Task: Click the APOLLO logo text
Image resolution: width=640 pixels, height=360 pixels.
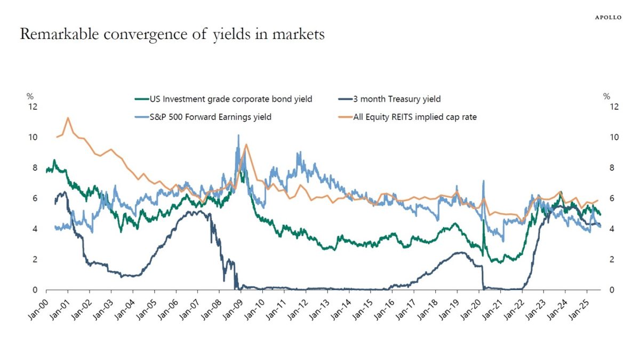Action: pyautogui.click(x=608, y=18)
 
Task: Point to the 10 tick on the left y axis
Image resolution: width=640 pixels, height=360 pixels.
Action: pyautogui.click(x=33, y=138)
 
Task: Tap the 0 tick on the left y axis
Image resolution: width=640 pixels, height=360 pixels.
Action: pyautogui.click(x=35, y=290)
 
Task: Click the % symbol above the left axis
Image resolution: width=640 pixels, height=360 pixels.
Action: pyautogui.click(x=30, y=97)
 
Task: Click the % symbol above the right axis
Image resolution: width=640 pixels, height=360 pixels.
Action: pyautogui.click(x=606, y=97)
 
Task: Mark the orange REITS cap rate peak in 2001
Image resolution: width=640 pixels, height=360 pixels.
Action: pyautogui.click(x=68, y=117)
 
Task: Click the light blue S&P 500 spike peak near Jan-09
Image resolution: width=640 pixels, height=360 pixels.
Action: pyautogui.click(x=238, y=135)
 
